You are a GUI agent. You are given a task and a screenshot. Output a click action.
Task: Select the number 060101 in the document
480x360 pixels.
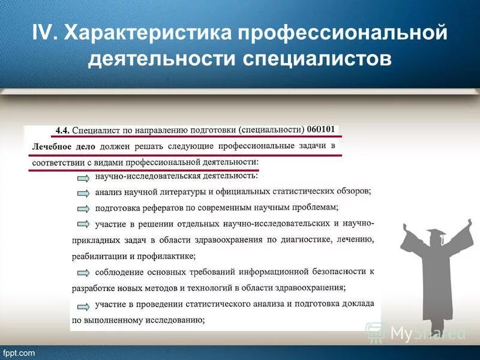point(322,130)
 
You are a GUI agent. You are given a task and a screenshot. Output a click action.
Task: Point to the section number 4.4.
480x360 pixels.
point(62,130)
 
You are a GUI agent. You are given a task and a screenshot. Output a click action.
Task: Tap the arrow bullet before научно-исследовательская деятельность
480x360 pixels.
point(83,178)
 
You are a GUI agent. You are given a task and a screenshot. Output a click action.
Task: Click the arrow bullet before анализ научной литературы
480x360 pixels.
point(83,193)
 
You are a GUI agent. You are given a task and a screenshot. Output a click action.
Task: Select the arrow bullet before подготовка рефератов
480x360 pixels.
point(83,209)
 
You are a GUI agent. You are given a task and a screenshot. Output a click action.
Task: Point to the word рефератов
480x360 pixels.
point(157,208)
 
